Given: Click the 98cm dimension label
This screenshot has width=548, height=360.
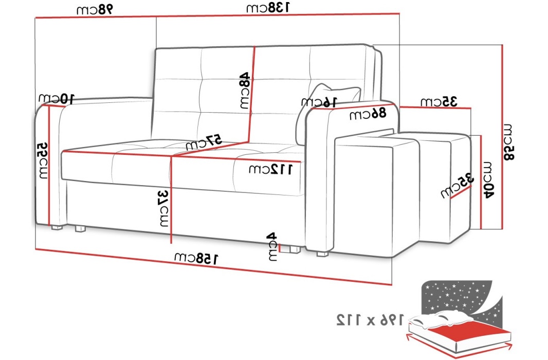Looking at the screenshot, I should [x=95, y=9].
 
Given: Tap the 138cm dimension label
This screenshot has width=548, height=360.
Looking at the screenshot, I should [x=268, y=8].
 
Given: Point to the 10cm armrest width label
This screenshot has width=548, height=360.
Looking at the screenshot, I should [x=57, y=98].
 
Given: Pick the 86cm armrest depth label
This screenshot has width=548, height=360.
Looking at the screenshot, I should [x=368, y=115].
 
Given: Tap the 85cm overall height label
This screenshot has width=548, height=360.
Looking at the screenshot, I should [x=508, y=142].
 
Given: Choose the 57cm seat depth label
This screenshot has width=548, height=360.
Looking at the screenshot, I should [x=204, y=142].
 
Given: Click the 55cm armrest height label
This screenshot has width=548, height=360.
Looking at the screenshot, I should [x=43, y=160].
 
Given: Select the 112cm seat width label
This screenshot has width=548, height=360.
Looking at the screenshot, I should [x=270, y=169].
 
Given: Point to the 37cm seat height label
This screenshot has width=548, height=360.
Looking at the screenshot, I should [x=163, y=207].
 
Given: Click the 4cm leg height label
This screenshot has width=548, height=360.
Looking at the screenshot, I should [x=272, y=247].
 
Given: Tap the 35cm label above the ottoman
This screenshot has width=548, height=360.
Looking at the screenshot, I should [x=439, y=101].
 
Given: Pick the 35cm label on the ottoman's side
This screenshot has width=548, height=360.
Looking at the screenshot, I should [x=456, y=186].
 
